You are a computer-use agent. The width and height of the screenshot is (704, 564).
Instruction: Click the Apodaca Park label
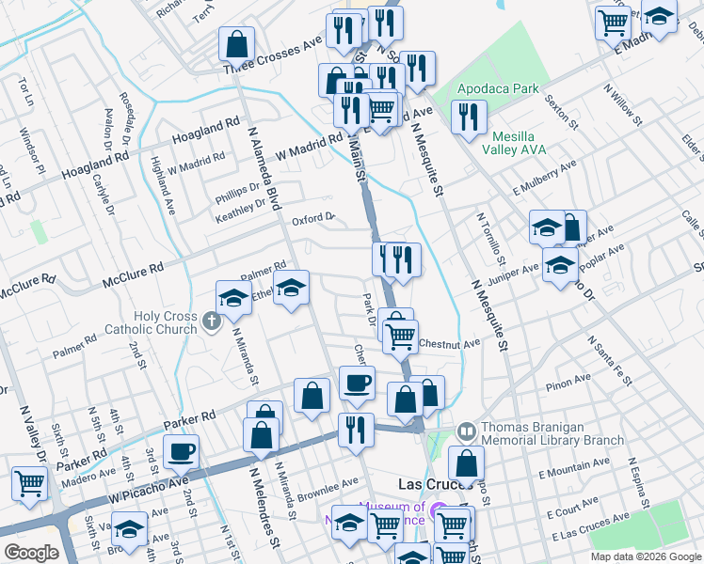tap(498, 89)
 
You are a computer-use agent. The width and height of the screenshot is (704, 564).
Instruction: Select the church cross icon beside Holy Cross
tap(212, 322)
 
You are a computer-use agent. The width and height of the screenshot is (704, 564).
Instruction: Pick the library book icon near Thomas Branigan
tap(466, 431)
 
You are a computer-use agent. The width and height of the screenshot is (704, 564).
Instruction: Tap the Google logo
tap(31, 553)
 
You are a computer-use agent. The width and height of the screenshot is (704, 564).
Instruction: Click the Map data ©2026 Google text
tap(645, 556)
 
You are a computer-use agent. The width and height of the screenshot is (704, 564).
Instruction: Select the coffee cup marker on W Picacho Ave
tap(181, 451)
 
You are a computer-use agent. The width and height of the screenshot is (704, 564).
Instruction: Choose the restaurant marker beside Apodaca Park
tap(467, 117)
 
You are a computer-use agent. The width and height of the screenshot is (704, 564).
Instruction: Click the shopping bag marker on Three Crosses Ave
tap(236, 43)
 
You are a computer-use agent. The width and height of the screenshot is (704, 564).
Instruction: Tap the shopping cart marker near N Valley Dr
tap(29, 483)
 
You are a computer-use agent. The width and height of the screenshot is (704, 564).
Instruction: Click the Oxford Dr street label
tap(313, 219)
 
